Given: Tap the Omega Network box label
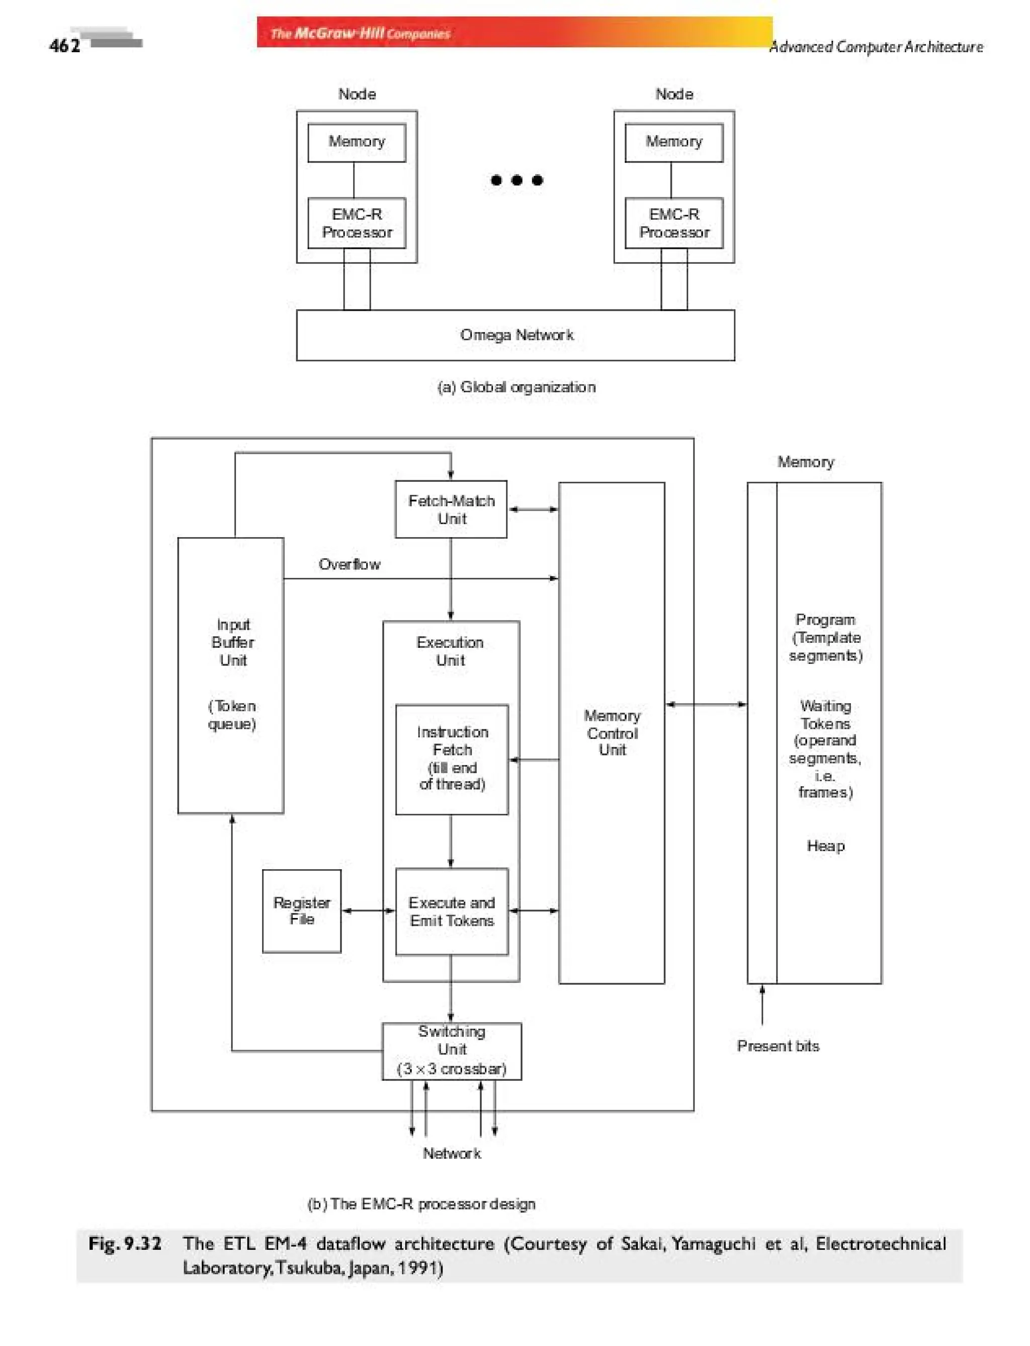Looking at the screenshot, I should click(x=516, y=335).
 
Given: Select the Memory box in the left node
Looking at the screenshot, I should click(x=356, y=142).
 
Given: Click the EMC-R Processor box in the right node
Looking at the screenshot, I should click(x=673, y=223).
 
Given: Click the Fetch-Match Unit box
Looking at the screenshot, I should click(x=451, y=510).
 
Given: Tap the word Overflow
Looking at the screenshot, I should click(x=349, y=564).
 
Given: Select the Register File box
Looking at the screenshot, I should click(x=301, y=910).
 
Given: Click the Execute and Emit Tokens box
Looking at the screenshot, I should click(x=451, y=912).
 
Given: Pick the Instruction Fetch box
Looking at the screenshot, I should click(x=452, y=759).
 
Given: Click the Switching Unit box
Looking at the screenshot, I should click(x=451, y=1050).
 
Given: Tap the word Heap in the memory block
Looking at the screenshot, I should click(x=825, y=846).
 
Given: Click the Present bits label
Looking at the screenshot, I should click(x=778, y=1046).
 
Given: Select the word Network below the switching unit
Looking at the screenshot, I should click(x=451, y=1153).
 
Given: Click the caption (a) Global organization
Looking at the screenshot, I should click(x=516, y=387).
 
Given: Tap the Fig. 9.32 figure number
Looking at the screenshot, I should click(x=125, y=1243).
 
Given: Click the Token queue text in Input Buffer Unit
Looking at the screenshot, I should click(x=232, y=715).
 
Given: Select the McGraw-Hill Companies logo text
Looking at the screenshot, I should click(x=361, y=33).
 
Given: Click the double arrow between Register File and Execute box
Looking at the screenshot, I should click(x=368, y=910).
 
